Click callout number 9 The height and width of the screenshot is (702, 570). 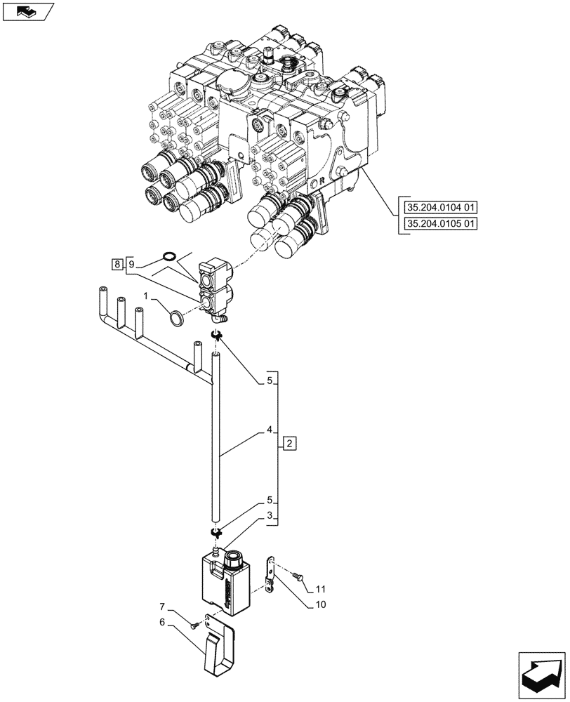(131, 264)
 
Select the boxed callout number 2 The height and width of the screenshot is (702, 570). (291, 443)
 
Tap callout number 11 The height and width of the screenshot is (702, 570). (319, 588)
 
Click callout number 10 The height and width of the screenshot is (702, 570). (319, 604)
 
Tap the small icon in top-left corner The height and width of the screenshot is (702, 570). (28, 12)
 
